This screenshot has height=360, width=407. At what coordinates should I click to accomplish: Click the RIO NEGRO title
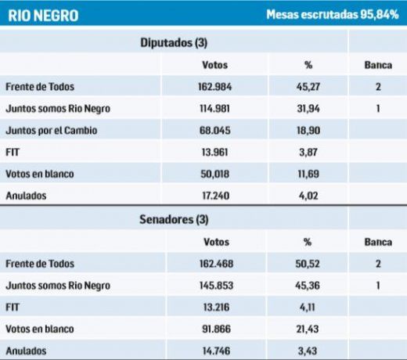pyautogui.click(x=43, y=15)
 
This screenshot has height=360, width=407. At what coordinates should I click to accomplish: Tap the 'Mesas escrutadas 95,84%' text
pyautogui.click(x=333, y=14)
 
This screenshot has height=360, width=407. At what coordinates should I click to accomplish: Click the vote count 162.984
pyautogui.click(x=216, y=87)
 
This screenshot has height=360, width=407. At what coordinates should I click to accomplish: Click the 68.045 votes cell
pyautogui.click(x=216, y=130)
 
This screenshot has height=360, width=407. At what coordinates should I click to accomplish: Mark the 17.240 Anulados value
pyautogui.click(x=216, y=195)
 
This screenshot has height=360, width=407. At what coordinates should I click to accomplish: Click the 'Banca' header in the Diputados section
pyautogui.click(x=378, y=65)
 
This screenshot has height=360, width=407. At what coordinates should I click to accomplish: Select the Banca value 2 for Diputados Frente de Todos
pyautogui.click(x=378, y=87)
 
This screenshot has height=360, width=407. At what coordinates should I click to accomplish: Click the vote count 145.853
pyautogui.click(x=216, y=286)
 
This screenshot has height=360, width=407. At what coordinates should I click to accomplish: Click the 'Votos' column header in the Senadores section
pyautogui.click(x=216, y=242)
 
